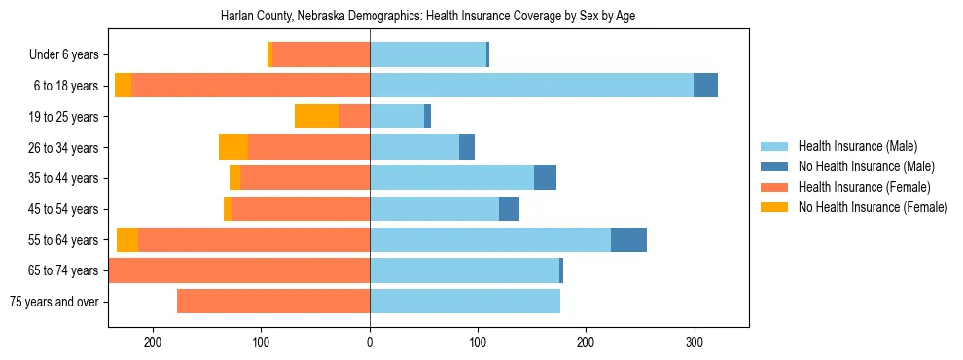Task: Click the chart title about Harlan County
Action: click(428, 17)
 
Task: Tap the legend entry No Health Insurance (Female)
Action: click(873, 207)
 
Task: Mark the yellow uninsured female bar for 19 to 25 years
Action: click(316, 117)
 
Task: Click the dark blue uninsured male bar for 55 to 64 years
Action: click(628, 240)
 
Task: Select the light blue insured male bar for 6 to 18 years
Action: click(531, 86)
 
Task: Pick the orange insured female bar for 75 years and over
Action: click(272, 302)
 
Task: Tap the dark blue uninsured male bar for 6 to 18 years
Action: click(705, 86)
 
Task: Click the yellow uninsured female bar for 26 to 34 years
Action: click(233, 147)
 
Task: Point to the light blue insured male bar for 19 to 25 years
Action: click(397, 117)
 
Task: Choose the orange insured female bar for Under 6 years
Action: click(321, 55)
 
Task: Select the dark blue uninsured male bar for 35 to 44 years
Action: click(545, 178)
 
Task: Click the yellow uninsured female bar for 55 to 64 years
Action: click(127, 240)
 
